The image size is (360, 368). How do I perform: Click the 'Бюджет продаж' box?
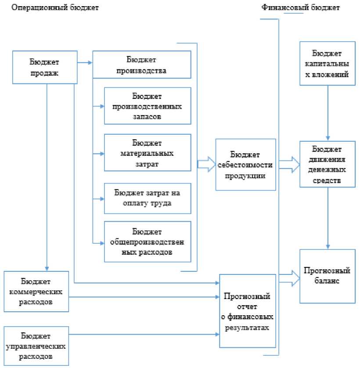[44, 67]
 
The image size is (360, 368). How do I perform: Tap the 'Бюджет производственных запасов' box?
[148, 106]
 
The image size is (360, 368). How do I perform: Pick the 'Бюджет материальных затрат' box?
[148, 153]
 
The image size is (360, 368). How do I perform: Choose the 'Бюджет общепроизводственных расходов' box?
[148, 242]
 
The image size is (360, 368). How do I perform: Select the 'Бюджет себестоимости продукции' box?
[246, 164]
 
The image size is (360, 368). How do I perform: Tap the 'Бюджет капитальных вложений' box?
[328, 63]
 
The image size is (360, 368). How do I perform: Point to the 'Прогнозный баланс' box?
[328, 276]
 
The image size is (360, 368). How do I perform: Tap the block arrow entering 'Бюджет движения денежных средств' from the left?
[289, 164]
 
